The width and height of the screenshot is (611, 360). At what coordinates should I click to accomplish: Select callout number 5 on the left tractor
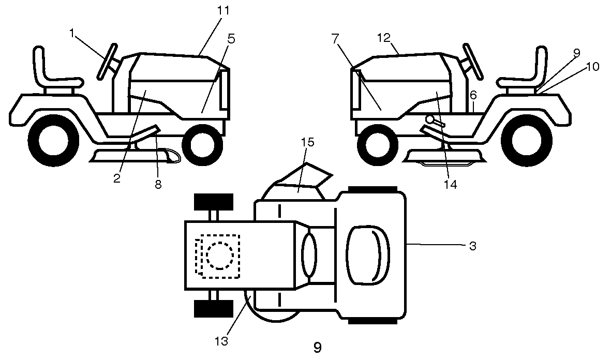tap(231, 39)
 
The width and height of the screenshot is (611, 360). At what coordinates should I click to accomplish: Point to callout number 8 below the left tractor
tap(158, 184)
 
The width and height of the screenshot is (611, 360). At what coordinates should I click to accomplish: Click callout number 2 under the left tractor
tap(117, 179)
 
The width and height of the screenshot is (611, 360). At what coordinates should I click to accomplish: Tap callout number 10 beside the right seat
tap(592, 67)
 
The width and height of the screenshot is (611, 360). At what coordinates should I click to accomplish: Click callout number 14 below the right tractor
tap(451, 184)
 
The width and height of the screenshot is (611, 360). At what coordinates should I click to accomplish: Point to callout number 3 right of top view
tap(472, 246)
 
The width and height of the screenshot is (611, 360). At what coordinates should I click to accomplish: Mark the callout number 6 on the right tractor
tap(473, 95)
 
